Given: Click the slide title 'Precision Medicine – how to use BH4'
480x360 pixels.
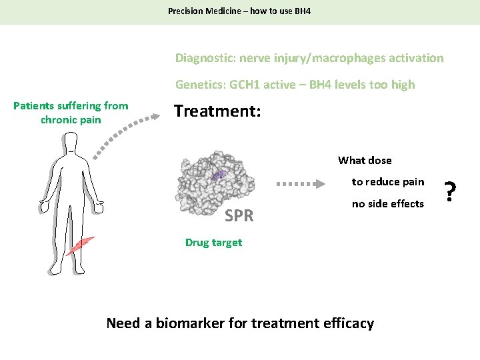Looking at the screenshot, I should point(239,11).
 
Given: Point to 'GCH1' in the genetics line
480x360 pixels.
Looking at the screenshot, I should point(245,85).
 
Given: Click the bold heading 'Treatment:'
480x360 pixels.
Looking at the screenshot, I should point(217,111).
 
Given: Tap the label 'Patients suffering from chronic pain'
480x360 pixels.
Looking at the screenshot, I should point(71,113).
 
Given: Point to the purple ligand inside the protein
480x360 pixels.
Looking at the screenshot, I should point(219,175).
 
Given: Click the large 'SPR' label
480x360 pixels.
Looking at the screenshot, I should point(239,216).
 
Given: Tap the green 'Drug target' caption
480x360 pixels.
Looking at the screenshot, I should point(213,243).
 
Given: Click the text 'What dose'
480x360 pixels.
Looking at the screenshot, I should point(365,161).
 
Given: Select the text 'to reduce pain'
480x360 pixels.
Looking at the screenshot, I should point(388,182).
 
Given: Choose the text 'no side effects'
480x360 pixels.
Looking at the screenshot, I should point(388,204).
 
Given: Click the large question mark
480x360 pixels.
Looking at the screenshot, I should point(450,193).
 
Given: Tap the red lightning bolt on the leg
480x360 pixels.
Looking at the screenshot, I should point(79,246).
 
